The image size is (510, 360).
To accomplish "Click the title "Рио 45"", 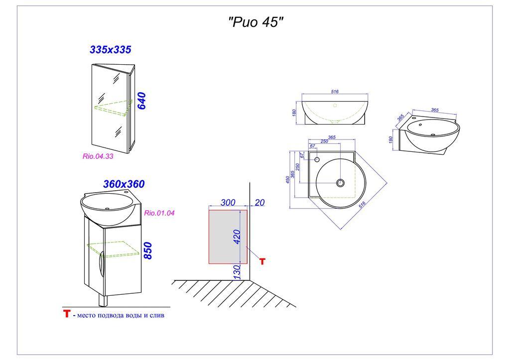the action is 255,22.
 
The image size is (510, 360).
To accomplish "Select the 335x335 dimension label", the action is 110,50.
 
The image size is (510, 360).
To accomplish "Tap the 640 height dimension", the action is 141,101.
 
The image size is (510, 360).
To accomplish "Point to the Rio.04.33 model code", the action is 98,156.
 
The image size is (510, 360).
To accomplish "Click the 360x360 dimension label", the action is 124,184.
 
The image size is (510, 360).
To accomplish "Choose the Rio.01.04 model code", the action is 159,213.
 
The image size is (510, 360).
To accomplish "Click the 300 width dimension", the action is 228,202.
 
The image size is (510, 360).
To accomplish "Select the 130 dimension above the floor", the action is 237,271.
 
